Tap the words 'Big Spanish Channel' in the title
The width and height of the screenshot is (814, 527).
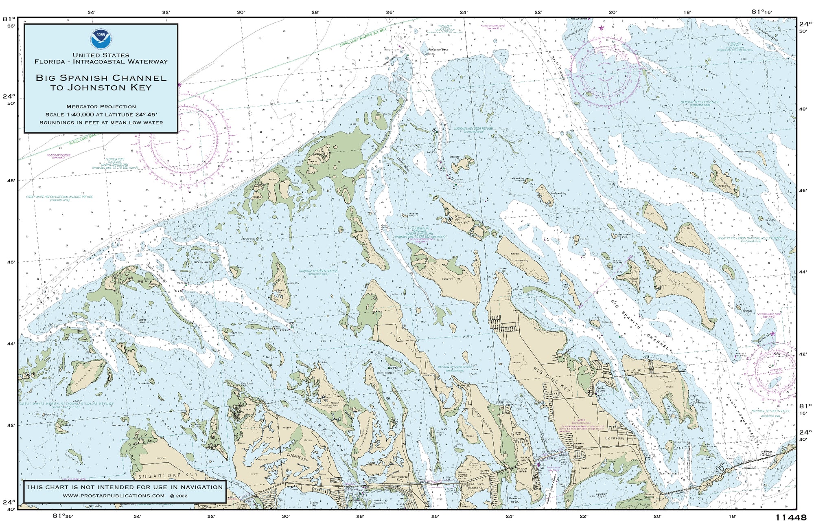click(x=101, y=78)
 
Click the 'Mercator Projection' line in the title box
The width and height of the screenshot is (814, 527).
click(x=101, y=106)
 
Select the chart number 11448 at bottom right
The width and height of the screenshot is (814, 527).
click(x=790, y=518)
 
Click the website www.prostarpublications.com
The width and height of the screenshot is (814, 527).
click(x=114, y=496)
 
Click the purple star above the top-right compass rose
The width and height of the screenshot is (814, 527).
click(x=602, y=28)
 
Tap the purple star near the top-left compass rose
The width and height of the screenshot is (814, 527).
click(x=179, y=85)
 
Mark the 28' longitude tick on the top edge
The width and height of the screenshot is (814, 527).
click(x=315, y=12)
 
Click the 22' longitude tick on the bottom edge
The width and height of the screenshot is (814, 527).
click(x=583, y=516)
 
